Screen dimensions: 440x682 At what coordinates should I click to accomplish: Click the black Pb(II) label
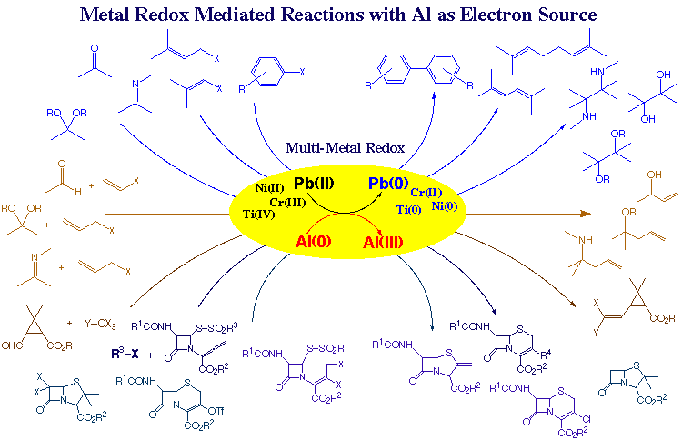[314, 182]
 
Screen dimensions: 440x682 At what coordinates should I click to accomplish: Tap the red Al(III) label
[383, 243]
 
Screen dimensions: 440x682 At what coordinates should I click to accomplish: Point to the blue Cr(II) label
[426, 193]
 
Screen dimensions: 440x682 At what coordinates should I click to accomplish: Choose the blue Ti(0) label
[408, 209]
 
